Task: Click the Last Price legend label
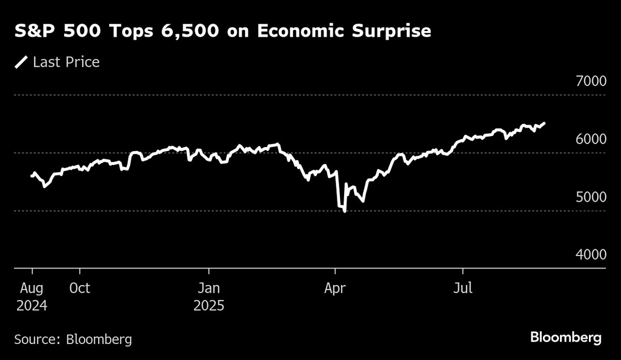tap(66, 63)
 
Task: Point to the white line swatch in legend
tap(21, 63)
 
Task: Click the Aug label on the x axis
tap(32, 288)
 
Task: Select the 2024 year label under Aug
tap(32, 306)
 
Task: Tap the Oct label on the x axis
tap(80, 288)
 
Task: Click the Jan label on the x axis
tap(209, 288)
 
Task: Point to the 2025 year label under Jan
tap(209, 306)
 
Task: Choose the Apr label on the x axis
tap(335, 288)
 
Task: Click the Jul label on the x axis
tap(462, 288)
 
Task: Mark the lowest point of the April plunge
tap(345, 211)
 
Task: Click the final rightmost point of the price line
tap(544, 123)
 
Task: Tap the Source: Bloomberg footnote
tap(73, 339)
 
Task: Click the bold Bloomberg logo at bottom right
tap(566, 338)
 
